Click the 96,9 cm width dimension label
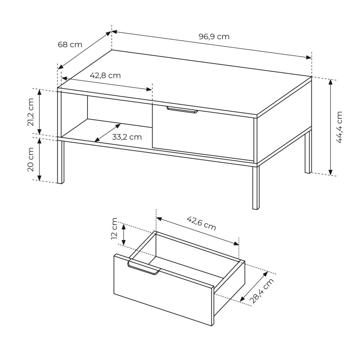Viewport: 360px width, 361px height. click(214, 37)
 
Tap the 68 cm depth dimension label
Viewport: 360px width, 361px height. click(70, 44)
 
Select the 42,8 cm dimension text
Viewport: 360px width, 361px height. click(105, 75)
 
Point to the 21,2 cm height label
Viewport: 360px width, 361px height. click(31, 112)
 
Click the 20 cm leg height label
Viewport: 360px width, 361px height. click(31, 159)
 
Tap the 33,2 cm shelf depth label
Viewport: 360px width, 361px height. click(127, 137)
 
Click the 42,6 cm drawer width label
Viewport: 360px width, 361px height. click(201, 223)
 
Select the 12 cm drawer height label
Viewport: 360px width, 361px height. click(114, 228)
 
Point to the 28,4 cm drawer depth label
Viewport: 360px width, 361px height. click(262, 291)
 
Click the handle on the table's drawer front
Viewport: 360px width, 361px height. click(182, 110)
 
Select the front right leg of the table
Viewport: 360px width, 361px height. click(256, 188)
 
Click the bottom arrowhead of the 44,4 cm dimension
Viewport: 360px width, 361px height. click(330, 172)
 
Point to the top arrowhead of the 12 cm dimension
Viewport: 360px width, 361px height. click(124, 226)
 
